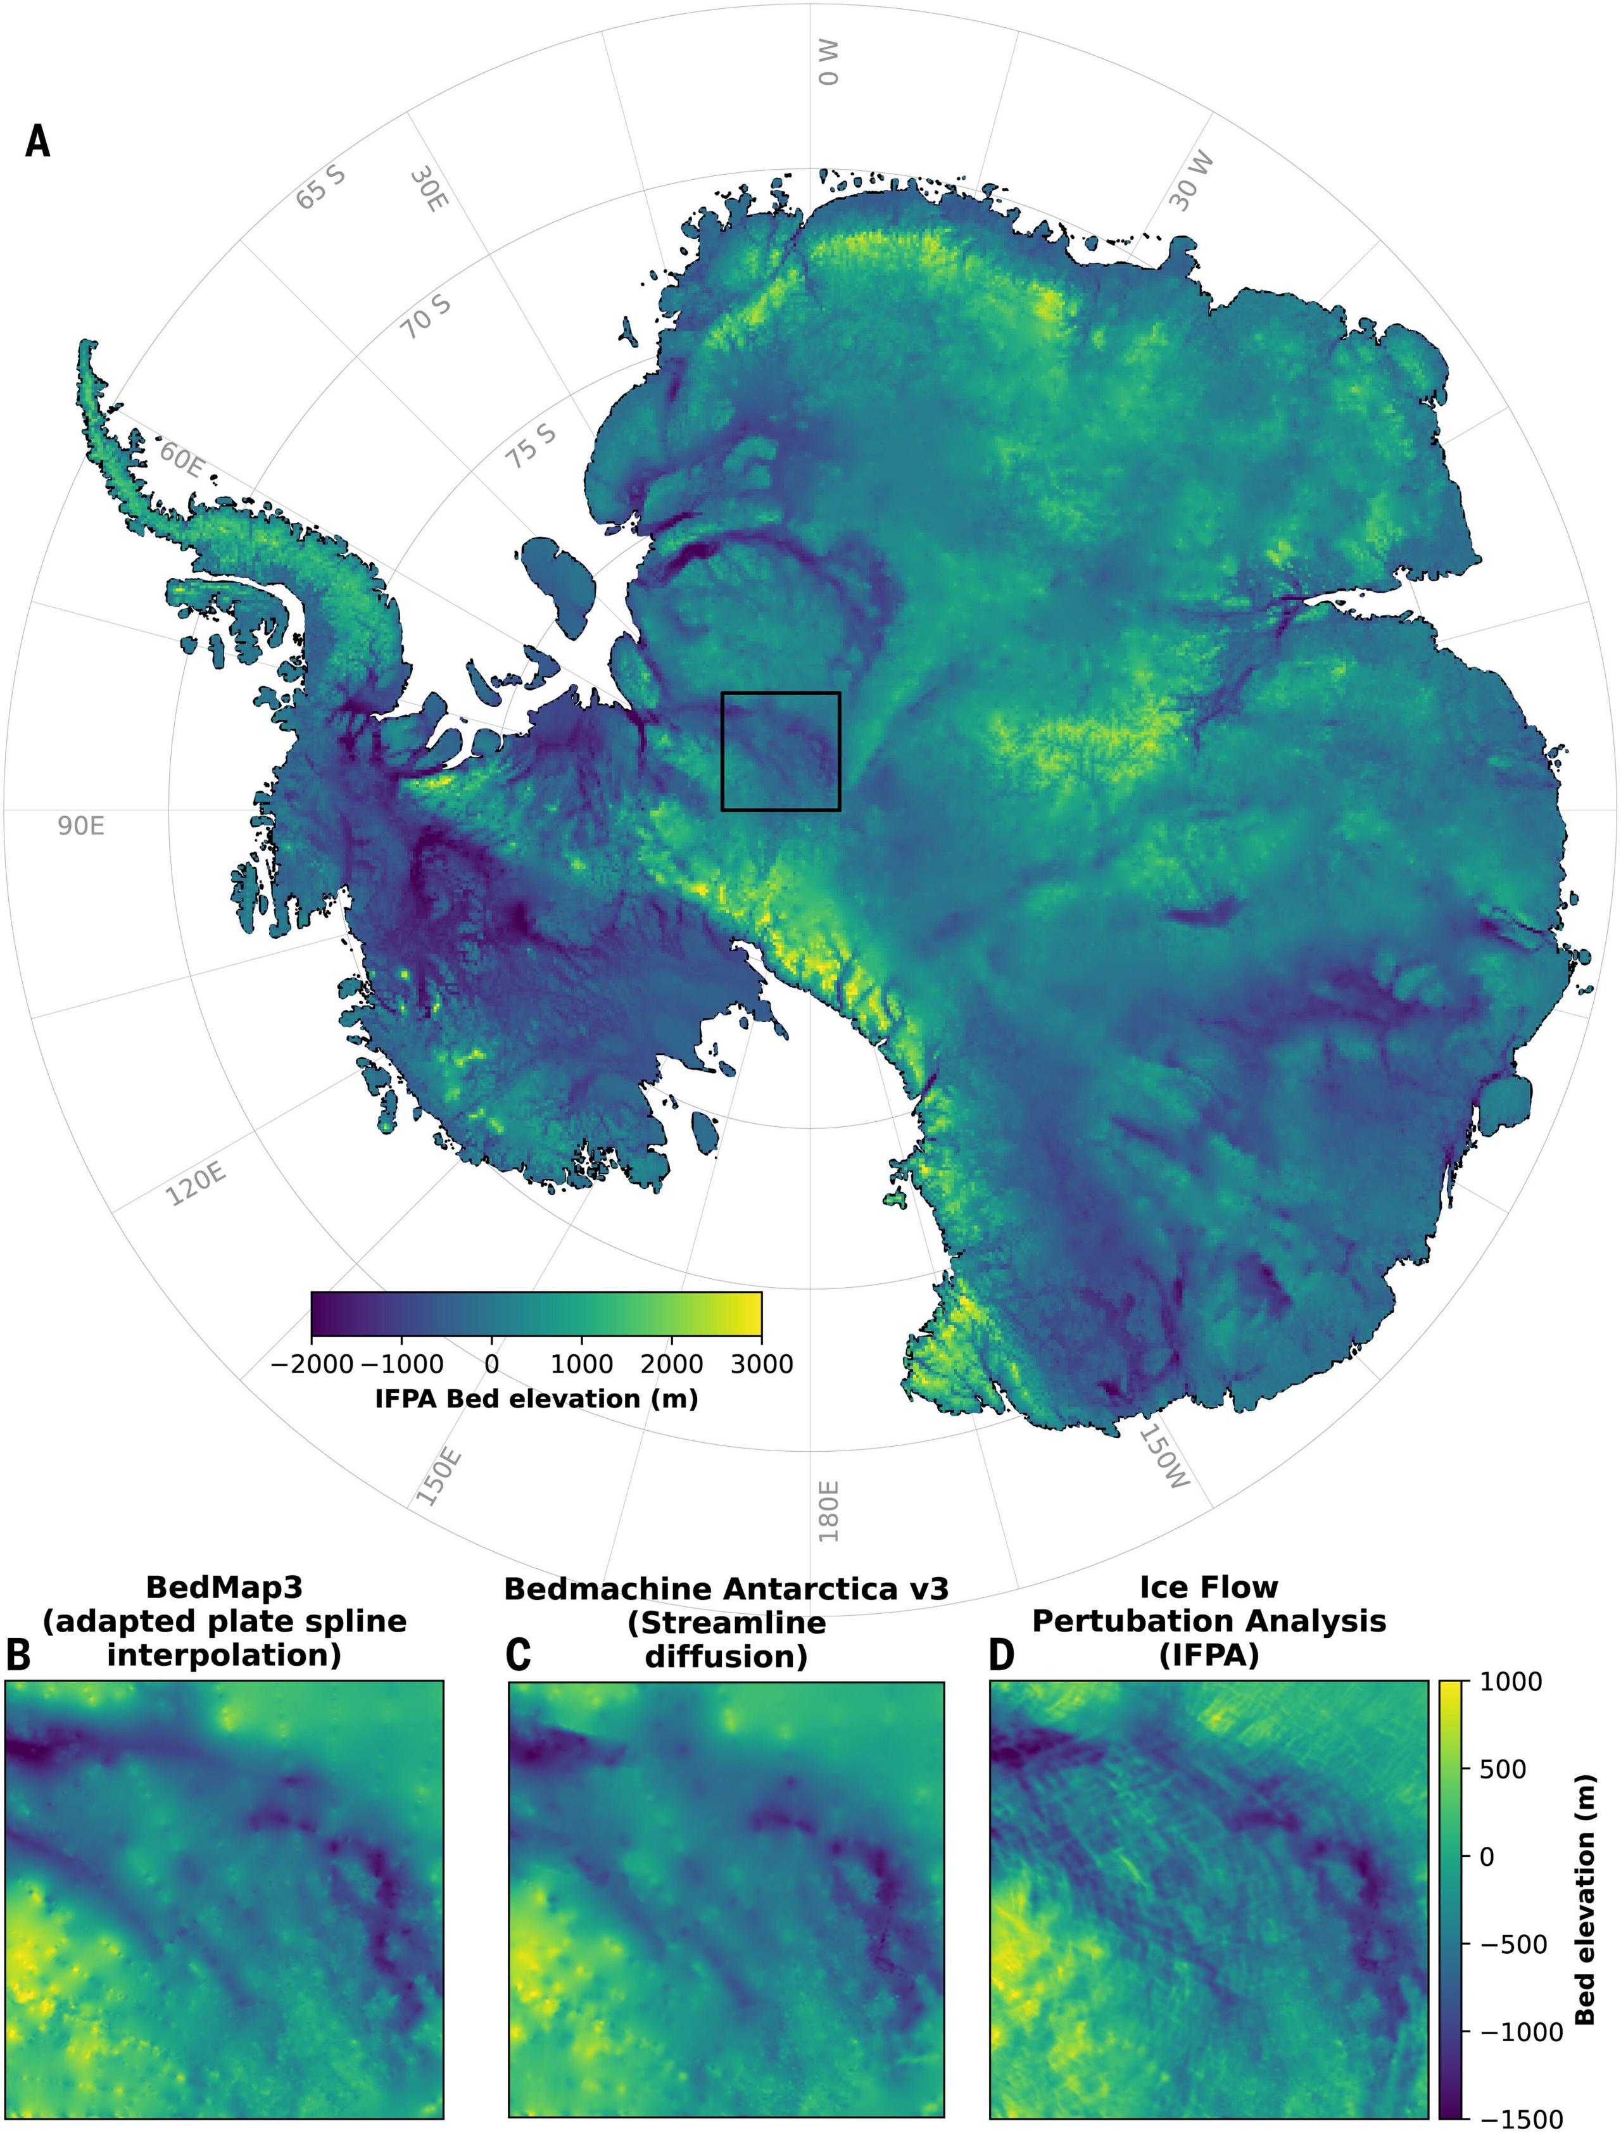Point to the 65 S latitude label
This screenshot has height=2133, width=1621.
(x=320, y=188)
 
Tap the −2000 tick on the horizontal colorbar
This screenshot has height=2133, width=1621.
(x=312, y=1364)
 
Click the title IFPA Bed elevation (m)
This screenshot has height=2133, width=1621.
(x=536, y=1399)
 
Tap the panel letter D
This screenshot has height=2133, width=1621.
(x=1002, y=1656)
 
